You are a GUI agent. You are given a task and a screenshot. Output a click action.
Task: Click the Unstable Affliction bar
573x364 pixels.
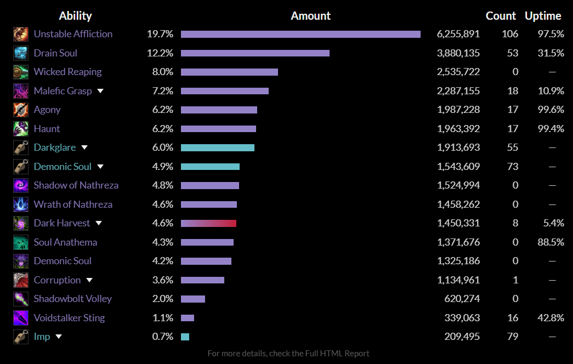(300, 34)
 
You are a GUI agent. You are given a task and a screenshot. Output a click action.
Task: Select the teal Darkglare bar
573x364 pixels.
(218, 147)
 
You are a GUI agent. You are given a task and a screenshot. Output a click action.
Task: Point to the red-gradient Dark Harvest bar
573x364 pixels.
(208, 223)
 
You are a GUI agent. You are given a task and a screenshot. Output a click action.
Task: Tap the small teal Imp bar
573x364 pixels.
(185, 337)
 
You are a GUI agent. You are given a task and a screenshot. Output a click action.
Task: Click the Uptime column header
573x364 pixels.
(543, 16)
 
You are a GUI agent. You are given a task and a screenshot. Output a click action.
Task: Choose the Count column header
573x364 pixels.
(501, 16)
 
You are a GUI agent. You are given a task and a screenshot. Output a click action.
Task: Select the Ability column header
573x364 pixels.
(75, 16)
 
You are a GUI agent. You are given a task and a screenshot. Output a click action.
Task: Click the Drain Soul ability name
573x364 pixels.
(55, 53)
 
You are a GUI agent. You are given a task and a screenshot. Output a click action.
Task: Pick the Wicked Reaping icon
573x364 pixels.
(21, 72)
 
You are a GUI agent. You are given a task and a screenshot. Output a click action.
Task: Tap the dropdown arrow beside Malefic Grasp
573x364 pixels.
(100, 91)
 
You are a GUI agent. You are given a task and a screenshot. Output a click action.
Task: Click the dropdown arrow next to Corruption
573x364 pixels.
(89, 280)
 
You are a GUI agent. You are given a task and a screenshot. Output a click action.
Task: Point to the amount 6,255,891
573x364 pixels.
(458, 34)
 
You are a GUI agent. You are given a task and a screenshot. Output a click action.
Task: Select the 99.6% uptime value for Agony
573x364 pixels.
(551, 110)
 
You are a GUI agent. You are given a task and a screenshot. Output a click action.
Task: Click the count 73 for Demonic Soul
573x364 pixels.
(513, 167)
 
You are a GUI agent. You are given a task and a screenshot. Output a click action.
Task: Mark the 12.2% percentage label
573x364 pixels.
(160, 53)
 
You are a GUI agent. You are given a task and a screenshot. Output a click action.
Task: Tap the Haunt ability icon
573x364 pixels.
(21, 129)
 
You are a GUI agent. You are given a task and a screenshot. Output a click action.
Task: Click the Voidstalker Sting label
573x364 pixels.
(69, 318)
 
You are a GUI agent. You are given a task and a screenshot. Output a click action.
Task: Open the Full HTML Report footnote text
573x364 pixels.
(288, 354)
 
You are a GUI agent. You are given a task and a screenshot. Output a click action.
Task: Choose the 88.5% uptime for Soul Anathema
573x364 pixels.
(551, 242)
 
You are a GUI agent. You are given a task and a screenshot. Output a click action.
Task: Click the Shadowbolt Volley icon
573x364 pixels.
(21, 299)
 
